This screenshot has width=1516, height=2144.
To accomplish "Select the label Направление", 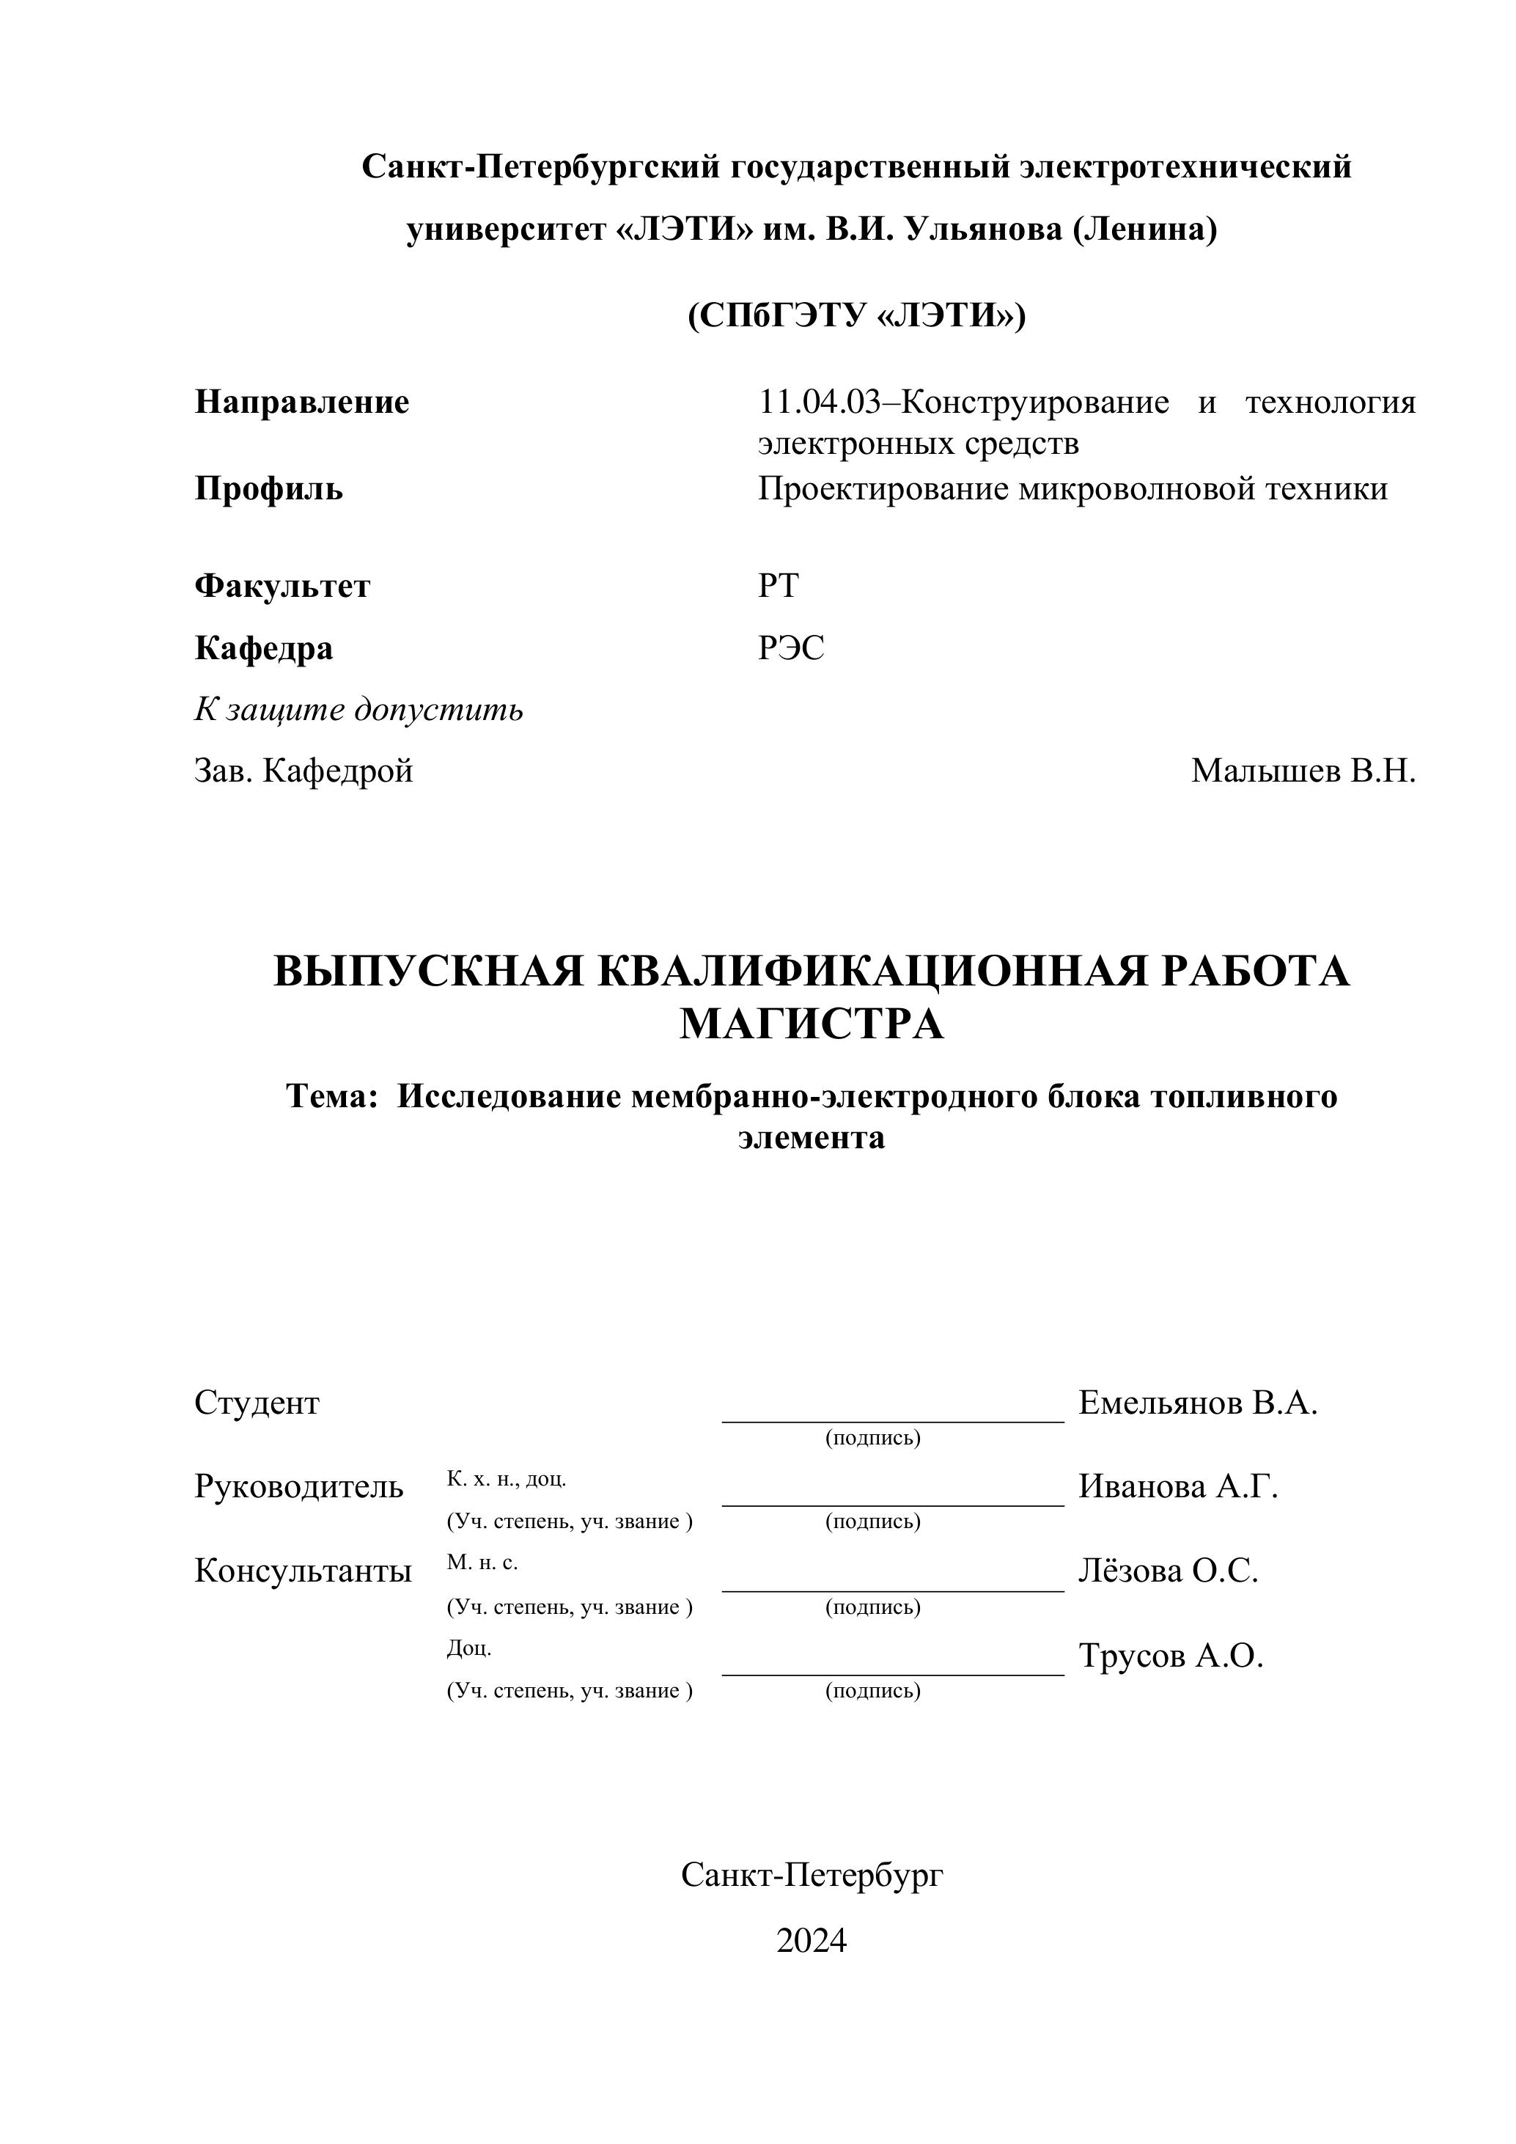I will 301,403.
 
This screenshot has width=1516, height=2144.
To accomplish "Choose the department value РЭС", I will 791,648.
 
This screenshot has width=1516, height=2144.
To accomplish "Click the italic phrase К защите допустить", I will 358,710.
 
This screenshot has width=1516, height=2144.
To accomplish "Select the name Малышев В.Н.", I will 1303,771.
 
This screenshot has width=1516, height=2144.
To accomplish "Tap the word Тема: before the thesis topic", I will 331,1096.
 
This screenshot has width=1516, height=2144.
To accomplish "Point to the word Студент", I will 257,1403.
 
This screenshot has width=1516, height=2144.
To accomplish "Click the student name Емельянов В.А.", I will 1198,1403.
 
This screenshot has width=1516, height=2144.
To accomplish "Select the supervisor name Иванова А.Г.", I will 1178,1486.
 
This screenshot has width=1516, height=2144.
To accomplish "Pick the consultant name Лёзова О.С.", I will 1169,1571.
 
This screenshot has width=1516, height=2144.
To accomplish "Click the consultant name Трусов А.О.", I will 1171,1656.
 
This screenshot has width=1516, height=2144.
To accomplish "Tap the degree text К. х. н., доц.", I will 506,1479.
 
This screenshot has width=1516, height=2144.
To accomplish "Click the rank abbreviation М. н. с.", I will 482,1563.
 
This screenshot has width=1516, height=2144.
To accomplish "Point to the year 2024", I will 812,1942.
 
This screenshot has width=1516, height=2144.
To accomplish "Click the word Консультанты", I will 303,1571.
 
